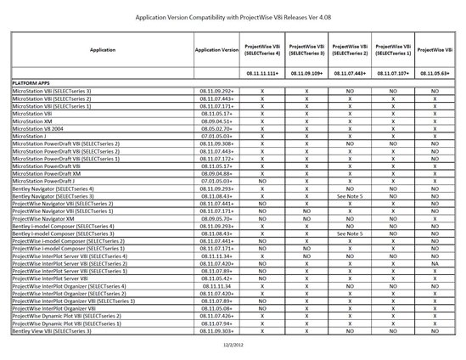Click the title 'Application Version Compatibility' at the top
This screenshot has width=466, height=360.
tap(233, 14)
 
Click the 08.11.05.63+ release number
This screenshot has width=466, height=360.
tap(435, 74)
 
